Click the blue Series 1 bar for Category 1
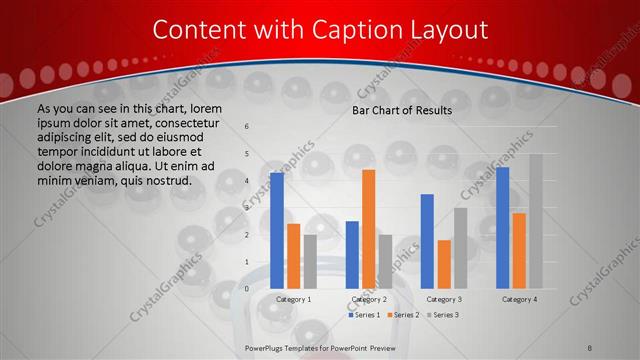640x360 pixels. pos(277,231)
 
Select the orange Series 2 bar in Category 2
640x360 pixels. pos(368,229)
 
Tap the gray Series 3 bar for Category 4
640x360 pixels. pos(536,221)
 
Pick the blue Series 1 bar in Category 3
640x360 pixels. pos(427,241)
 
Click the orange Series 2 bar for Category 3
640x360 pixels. pos(443,264)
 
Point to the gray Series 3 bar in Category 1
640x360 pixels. pos(309,262)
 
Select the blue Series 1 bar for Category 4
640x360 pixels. pos(503,228)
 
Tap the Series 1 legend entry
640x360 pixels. pos(363,315)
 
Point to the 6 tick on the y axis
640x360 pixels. pos(247,127)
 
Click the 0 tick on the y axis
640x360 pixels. pos(247,289)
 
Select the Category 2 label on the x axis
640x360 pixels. pos(368,299)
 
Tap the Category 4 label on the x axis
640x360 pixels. pos(519,299)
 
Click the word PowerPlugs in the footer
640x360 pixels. pos(266,347)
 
